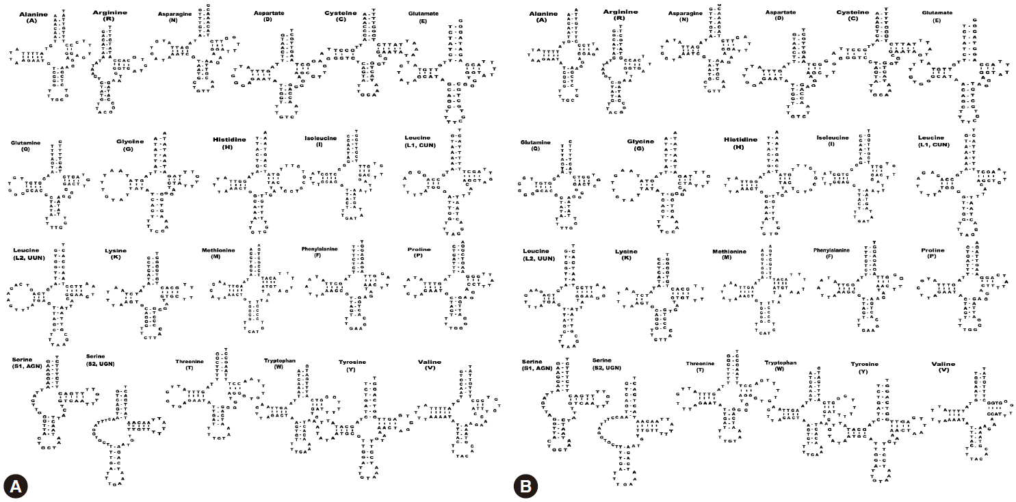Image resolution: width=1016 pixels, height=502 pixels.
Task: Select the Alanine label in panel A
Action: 32,14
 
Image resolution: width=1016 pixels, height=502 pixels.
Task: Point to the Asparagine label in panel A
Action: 177,13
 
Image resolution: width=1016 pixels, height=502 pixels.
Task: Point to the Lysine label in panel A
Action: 116,251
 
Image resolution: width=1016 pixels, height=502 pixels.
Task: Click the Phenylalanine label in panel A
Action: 322,249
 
